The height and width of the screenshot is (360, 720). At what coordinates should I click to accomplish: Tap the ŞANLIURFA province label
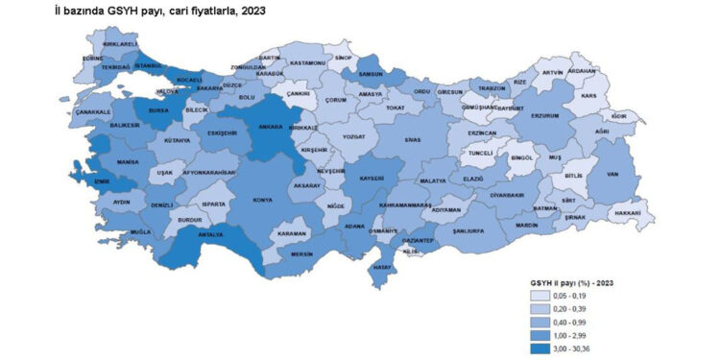point(472,232)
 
